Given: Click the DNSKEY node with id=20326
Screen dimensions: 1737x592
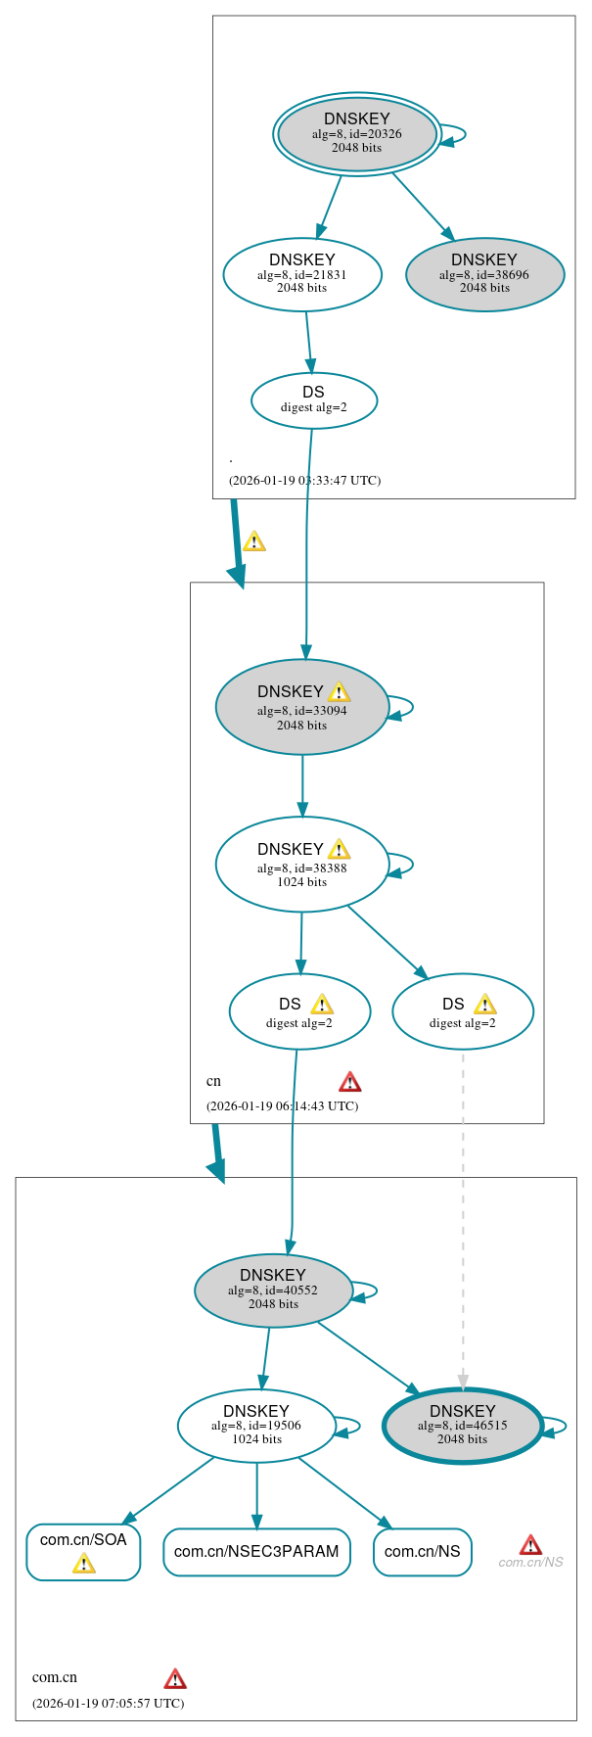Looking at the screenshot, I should pyautogui.click(x=356, y=134).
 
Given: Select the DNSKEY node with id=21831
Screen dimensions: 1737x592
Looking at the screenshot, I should pyautogui.click(x=301, y=274).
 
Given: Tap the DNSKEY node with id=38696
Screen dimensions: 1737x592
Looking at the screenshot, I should pyautogui.click(x=484, y=274).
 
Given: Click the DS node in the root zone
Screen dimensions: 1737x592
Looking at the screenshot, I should pyautogui.click(x=313, y=399).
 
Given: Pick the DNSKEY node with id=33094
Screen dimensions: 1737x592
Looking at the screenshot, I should pyautogui.click(x=301, y=707).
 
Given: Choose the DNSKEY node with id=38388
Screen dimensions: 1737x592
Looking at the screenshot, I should pyautogui.click(x=301, y=864).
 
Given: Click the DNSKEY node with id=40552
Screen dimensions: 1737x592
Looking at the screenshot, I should pyautogui.click(x=273, y=1290).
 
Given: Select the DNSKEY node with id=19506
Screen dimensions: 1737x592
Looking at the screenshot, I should pyautogui.click(x=256, y=1425).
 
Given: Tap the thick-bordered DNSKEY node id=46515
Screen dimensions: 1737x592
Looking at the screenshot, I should pyautogui.click(x=462, y=1425).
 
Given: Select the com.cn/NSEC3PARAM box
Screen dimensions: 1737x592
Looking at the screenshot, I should pyautogui.click(x=256, y=1552).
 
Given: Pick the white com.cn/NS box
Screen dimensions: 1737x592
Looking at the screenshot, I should pyautogui.click(x=422, y=1552).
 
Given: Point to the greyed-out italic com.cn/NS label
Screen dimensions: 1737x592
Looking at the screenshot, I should pyautogui.click(x=530, y=1562).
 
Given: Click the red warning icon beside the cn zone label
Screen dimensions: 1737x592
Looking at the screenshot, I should pyautogui.click(x=349, y=1081).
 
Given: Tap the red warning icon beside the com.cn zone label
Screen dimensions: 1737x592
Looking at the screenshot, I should pyautogui.click(x=174, y=1678).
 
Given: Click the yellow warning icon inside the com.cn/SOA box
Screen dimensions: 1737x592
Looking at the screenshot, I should pyautogui.click(x=83, y=1564).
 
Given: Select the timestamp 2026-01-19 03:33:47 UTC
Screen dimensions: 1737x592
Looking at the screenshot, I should pyautogui.click(x=304, y=481).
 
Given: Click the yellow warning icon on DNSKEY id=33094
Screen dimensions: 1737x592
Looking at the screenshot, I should pyautogui.click(x=339, y=692).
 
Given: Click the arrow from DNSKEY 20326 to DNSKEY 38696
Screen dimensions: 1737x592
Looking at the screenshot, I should pyautogui.click(x=423, y=206).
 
